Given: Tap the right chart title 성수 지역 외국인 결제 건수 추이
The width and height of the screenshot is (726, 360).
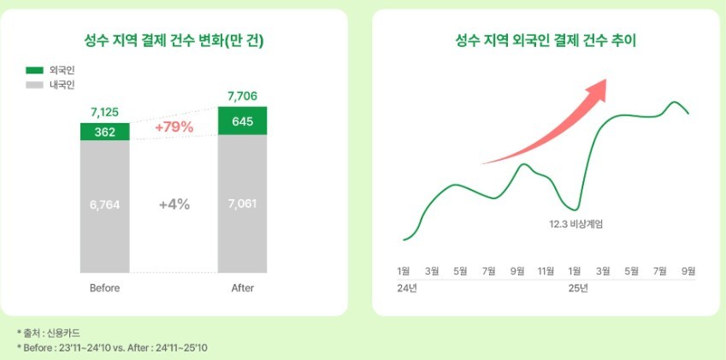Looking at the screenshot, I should click(x=546, y=41).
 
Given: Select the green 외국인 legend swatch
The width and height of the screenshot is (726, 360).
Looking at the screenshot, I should click(x=35, y=69).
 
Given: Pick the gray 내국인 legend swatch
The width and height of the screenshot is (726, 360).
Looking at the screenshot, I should click(x=35, y=86).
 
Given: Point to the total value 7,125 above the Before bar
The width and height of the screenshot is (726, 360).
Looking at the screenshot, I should click(x=104, y=112).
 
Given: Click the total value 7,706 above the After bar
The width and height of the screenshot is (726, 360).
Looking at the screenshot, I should click(x=242, y=96).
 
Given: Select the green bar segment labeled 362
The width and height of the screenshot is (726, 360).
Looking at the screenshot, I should click(x=104, y=132).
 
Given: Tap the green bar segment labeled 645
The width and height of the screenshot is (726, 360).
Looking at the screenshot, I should click(x=242, y=121).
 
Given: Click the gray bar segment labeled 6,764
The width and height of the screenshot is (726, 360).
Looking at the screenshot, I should click(x=104, y=204).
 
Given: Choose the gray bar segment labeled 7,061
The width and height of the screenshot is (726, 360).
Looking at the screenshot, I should click(x=242, y=204).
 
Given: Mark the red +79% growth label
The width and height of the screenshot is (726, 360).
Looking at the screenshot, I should click(x=174, y=127).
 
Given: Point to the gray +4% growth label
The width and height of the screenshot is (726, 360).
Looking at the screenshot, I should click(x=174, y=204).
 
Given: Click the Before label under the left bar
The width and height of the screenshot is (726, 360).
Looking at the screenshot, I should click(x=104, y=288).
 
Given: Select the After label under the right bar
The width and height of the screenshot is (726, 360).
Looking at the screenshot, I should click(x=242, y=288).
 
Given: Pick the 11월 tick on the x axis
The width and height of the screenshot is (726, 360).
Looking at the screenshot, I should click(x=545, y=271).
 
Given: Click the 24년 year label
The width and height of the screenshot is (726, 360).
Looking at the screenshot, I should click(x=407, y=288).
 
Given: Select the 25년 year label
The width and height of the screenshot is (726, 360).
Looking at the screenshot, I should click(x=578, y=288).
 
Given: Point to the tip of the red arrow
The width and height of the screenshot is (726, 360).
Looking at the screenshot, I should click(x=605, y=80).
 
